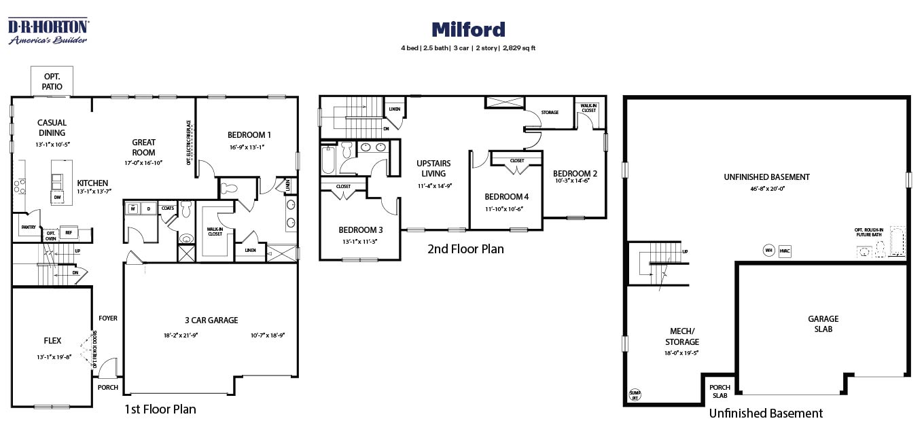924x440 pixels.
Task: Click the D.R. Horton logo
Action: coord(48,31)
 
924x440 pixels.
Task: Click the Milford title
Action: coord(468,29)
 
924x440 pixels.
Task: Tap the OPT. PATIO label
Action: coord(52,81)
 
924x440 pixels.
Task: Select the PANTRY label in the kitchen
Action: coord(29,227)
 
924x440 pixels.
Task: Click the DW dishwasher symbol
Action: coord(58,197)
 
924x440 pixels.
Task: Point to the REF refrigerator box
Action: coord(68,233)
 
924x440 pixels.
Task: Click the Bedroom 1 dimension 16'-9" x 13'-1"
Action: coord(249,147)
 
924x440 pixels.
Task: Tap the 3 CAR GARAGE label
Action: coord(211,320)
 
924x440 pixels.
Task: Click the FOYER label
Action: coord(108,318)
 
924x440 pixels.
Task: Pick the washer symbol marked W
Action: coord(132,208)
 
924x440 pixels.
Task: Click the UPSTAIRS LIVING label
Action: coord(433,168)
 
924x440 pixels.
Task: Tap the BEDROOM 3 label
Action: coord(361,230)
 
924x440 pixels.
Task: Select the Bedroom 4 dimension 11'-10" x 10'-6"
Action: coord(506,209)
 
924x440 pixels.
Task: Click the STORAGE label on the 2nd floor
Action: coord(550,112)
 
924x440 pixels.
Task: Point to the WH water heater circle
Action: coord(768,250)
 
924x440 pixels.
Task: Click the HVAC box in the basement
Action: coord(785,250)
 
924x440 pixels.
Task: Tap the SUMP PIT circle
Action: coord(635,395)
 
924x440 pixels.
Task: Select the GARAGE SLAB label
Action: coord(823,323)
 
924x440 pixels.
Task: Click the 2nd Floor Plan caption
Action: coord(465,249)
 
